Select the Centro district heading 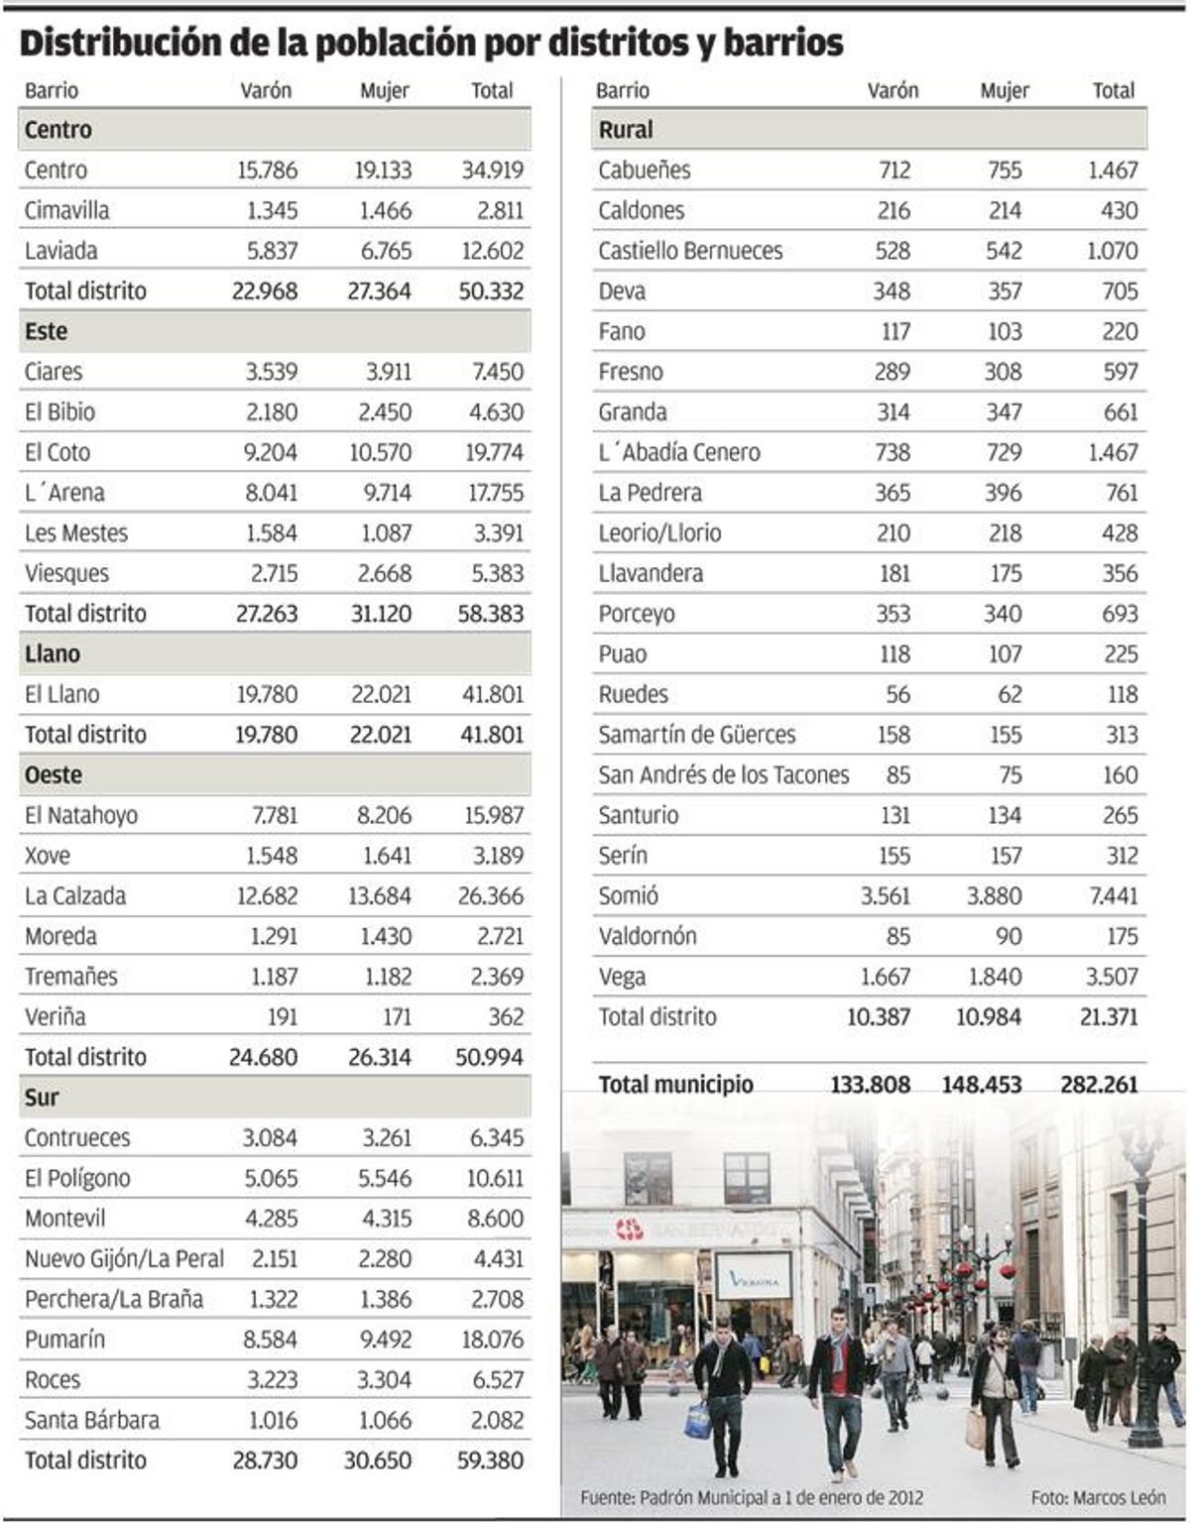(58, 130)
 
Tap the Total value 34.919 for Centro (492, 171)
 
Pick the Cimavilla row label (66, 210)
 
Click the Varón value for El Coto (270, 453)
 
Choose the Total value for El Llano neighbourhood (492, 694)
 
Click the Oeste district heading (54, 774)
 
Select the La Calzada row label (75, 896)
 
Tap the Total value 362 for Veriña (506, 1017)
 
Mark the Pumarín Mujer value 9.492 (385, 1340)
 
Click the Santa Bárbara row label (91, 1420)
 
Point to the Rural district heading (626, 130)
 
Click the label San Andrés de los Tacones (723, 775)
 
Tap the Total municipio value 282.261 (1099, 1084)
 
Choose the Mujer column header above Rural (1005, 90)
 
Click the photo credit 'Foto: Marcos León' (1098, 1496)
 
